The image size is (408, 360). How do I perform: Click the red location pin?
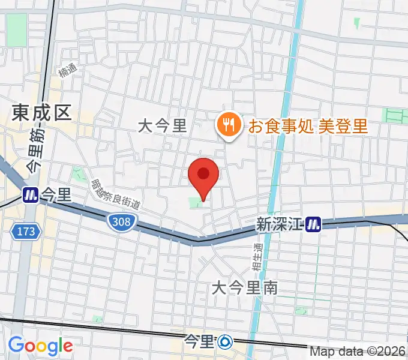[x=203, y=176]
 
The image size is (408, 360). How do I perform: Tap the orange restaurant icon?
[x=228, y=125]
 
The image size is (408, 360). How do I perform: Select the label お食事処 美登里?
[x=308, y=126]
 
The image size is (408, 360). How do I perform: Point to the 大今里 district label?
[x=162, y=125]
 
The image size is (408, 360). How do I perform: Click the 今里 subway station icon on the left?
[x=30, y=194]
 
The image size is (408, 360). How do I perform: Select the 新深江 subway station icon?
[x=313, y=225]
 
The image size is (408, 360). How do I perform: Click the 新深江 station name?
[x=280, y=224]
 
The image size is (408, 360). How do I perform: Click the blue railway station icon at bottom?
[x=226, y=343]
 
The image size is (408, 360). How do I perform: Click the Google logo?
[x=40, y=346]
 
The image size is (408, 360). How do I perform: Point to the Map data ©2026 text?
[x=358, y=351]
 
